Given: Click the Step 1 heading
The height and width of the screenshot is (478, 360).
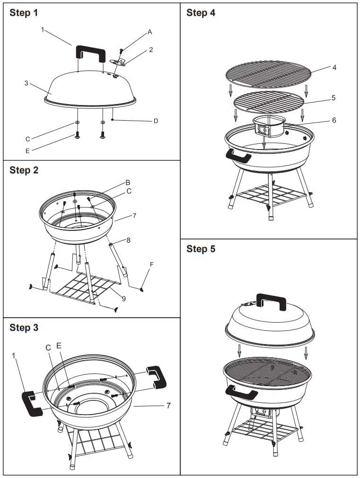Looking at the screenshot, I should click(24, 13).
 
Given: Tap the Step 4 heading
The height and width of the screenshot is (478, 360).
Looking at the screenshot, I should click(201, 13).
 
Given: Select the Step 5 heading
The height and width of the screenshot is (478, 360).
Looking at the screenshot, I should click(201, 249).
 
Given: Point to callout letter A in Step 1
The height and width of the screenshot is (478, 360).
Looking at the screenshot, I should click(149, 32).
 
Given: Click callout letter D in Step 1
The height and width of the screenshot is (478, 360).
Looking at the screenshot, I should click(156, 121).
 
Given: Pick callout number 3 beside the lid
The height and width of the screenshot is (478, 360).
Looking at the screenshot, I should click(26, 83).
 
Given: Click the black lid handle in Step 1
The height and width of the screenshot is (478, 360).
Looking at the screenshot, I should click(91, 51).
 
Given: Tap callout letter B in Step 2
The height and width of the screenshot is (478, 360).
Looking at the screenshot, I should click(127, 183).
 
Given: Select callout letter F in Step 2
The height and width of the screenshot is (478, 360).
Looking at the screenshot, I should click(151, 265).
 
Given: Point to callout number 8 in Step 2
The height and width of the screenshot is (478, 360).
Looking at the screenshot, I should click(128, 240).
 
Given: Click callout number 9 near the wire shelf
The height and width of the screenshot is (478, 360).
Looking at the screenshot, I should click(123, 298).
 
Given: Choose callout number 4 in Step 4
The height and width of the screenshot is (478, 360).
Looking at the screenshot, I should click(334, 68).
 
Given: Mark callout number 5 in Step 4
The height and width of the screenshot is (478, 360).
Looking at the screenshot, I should click(334, 98).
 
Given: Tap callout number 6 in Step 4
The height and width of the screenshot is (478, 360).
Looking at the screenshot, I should click(334, 120).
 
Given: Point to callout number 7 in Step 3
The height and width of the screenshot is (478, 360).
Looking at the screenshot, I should click(168, 406).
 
